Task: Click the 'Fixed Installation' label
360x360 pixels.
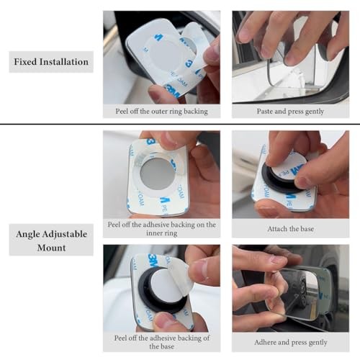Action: point(51,62)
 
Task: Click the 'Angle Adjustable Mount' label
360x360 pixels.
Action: point(51,240)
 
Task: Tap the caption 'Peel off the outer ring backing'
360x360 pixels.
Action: point(161,112)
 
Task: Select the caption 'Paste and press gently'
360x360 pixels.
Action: point(290,112)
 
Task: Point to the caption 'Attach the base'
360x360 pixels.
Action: point(291,229)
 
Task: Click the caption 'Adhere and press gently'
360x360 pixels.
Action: point(291,342)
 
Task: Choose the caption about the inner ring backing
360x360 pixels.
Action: point(161,229)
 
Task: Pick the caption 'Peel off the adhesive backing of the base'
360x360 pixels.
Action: point(161,342)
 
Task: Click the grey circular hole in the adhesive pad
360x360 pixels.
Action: point(157,174)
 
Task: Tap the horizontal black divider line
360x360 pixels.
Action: point(180,124)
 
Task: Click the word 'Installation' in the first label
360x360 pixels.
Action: point(64,62)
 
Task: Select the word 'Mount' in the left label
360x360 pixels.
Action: point(51,248)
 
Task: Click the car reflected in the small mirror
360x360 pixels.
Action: point(297,292)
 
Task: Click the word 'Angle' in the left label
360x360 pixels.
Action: point(27,234)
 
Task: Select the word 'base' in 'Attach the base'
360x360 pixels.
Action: point(307,229)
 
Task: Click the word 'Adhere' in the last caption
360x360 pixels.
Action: point(264,342)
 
